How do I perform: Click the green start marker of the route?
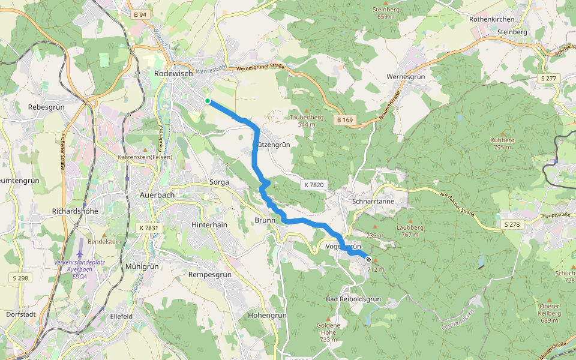coord(207,101)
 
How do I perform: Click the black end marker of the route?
coord(368,259)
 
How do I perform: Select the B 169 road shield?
coord(344,121)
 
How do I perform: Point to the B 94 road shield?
coord(140,14)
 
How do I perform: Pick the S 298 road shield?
coord(20,278)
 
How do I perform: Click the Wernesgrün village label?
coord(406,77)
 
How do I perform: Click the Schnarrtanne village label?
coord(374,202)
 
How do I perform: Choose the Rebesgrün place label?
coord(46,107)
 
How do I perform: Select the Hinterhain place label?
coord(209,224)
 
